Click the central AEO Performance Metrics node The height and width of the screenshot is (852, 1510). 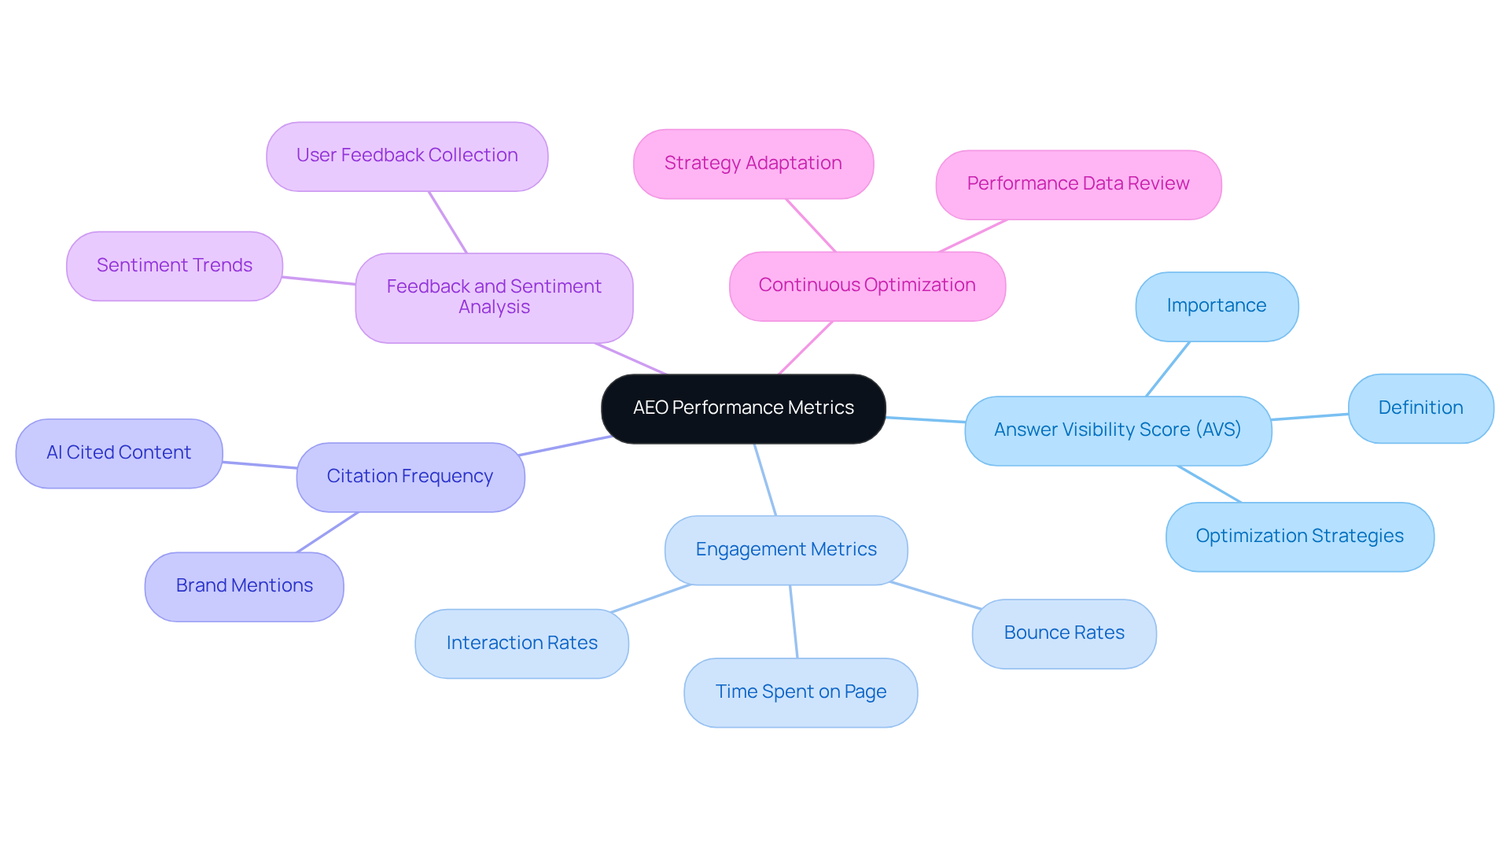click(743, 408)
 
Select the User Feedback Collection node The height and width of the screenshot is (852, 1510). click(407, 156)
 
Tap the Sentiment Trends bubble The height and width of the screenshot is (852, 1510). click(174, 266)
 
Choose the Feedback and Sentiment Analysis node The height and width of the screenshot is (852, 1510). click(494, 297)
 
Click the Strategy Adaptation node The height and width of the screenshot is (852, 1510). click(753, 164)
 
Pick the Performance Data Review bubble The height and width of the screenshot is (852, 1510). click(1077, 184)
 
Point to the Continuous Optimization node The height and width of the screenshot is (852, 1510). click(867, 286)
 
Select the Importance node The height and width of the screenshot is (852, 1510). click(1216, 306)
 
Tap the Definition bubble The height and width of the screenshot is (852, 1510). click(1420, 408)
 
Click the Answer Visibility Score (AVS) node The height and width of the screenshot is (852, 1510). click(1117, 430)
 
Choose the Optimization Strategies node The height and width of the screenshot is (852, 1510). click(1299, 537)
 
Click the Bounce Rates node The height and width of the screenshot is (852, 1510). click(1063, 633)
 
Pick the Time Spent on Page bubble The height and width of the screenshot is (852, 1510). click(800, 692)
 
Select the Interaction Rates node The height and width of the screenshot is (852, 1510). click(521, 644)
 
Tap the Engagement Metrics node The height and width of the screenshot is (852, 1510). click(786, 550)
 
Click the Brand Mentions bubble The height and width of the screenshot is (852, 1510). click(244, 586)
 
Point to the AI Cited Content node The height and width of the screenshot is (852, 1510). click(119, 453)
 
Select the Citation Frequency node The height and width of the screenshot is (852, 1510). click(410, 477)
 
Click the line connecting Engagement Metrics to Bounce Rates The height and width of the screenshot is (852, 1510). click(936, 596)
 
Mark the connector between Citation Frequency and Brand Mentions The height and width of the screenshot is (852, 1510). click(327, 533)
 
